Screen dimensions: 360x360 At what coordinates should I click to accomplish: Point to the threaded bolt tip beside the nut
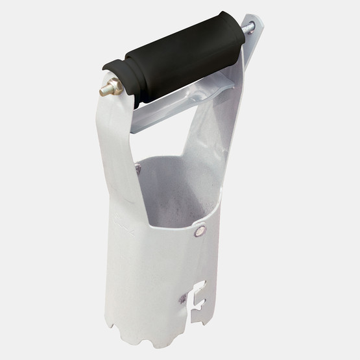[x=102, y=91]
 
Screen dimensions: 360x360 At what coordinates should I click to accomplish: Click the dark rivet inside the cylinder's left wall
[x=138, y=169]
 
